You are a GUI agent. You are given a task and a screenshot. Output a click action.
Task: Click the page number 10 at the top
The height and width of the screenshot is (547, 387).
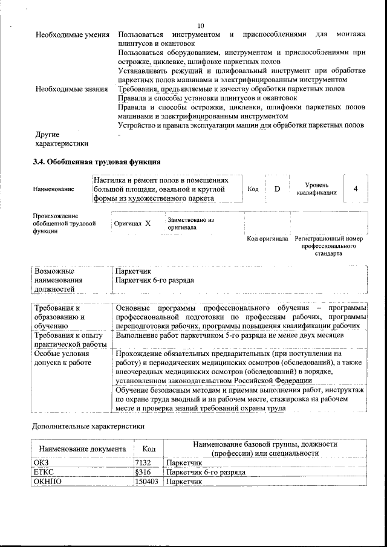[201, 25]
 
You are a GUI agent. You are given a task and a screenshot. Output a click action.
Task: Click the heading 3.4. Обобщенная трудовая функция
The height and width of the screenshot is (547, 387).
[96, 161]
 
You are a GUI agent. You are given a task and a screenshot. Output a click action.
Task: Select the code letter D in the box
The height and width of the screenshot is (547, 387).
[277, 189]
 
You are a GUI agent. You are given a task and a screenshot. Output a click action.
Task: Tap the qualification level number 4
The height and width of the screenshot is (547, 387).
[356, 189]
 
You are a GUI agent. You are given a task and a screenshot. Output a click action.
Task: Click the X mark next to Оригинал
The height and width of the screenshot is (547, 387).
[148, 224]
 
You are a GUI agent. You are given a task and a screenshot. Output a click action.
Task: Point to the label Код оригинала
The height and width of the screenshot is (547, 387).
[267, 239]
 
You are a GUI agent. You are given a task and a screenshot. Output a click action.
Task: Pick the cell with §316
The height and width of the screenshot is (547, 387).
[142, 472]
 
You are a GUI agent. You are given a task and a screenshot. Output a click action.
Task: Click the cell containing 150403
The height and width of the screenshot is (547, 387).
[146, 482]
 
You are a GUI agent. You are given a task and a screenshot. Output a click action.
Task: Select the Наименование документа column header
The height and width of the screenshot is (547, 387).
[82, 449]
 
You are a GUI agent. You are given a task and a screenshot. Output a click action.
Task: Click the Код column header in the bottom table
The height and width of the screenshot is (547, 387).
[149, 449]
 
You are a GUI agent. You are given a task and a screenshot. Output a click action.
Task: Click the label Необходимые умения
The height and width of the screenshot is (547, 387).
[73, 35]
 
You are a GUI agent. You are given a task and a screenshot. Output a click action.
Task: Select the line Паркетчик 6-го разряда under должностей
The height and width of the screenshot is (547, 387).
[154, 281]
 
